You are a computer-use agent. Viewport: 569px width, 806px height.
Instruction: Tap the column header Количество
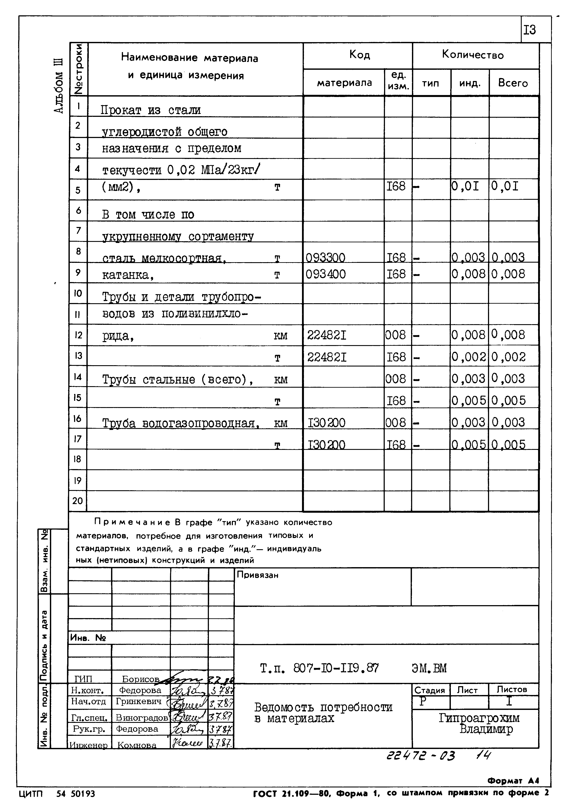pos(472,55)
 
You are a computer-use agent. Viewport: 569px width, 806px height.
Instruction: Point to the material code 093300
pos(325,258)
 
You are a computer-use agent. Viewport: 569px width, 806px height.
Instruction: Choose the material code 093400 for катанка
pos(326,274)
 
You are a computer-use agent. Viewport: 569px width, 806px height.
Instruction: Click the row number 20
pos(78,501)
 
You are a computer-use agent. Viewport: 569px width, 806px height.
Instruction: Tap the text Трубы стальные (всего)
pos(177,379)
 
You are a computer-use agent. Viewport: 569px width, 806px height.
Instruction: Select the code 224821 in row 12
pos(327,336)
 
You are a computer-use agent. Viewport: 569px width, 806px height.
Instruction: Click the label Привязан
pos(257,575)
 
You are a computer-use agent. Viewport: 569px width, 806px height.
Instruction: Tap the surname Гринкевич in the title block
pos(138,702)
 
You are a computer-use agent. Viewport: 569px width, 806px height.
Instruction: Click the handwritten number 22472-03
pos(420,756)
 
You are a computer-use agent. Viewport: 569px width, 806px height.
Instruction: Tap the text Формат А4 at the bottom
pos(513,781)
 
